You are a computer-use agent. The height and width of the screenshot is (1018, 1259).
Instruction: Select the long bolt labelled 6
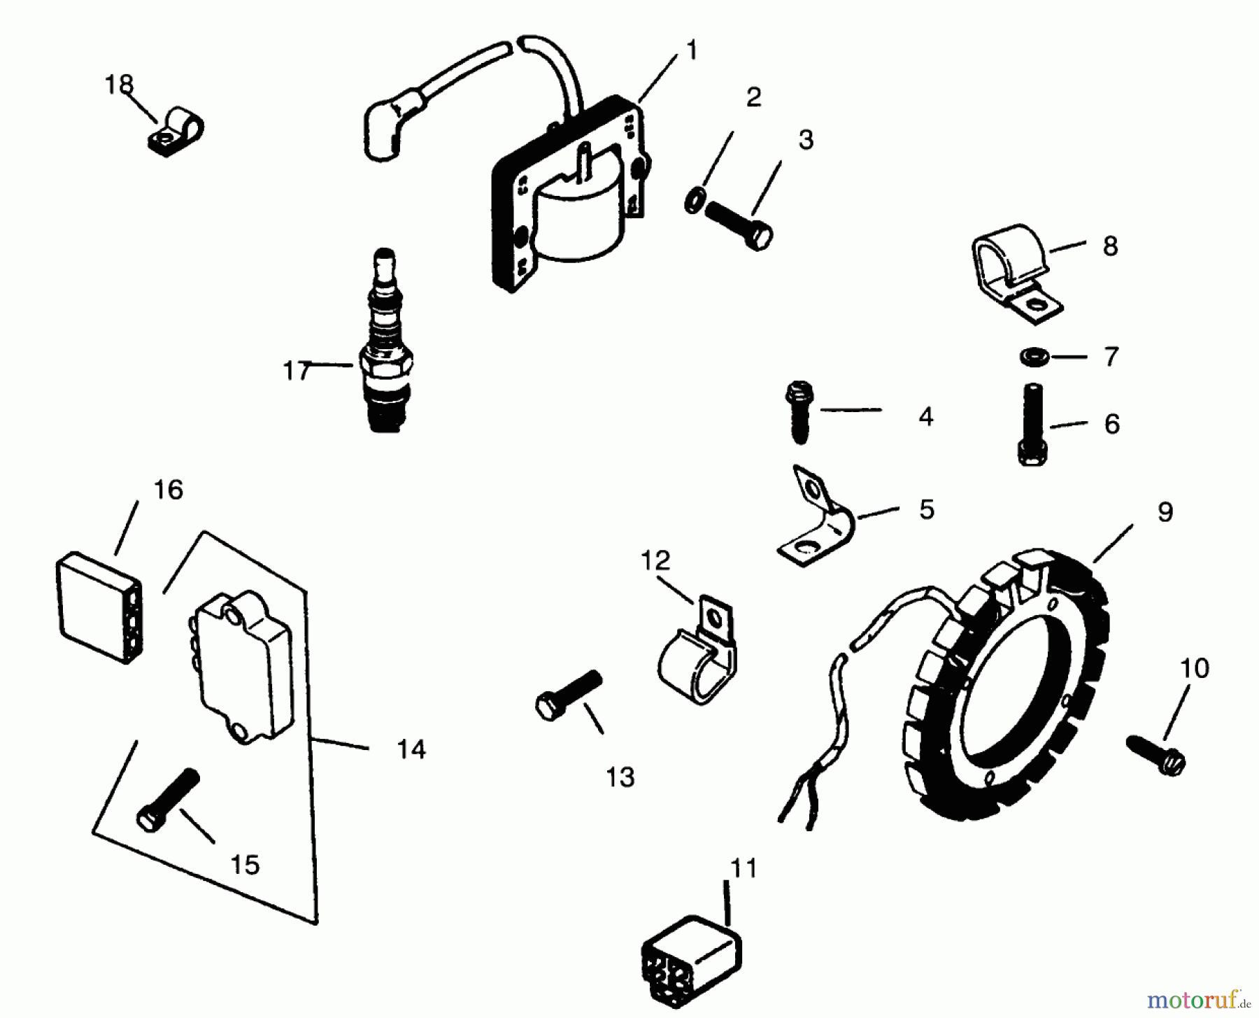point(1032,425)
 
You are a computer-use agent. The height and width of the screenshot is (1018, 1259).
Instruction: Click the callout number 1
point(691,50)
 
